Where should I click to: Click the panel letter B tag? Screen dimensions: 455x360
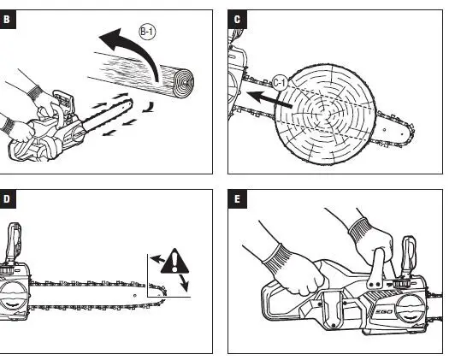tap(7, 20)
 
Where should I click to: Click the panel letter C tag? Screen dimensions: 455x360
tap(238, 20)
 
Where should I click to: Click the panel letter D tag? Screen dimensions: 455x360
tap(7, 199)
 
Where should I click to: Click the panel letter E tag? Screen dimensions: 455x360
tap(238, 199)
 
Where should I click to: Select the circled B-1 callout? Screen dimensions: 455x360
tap(147, 32)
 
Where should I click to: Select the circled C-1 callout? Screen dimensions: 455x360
tap(280, 83)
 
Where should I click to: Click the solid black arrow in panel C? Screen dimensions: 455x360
tap(269, 99)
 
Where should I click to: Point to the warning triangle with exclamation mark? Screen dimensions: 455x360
tap(174, 262)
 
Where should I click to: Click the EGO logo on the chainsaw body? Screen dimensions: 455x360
tap(385, 312)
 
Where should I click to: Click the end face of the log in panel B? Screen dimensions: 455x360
tap(184, 83)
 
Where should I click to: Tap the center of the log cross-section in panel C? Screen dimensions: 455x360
tap(324, 114)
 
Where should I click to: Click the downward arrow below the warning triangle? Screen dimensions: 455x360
tap(184, 282)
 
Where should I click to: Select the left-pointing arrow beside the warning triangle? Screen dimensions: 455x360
tap(157, 259)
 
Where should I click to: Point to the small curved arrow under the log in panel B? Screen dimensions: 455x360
tap(149, 108)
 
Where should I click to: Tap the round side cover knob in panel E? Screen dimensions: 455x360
tap(411, 310)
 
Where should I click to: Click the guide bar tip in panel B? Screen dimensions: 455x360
tap(130, 103)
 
